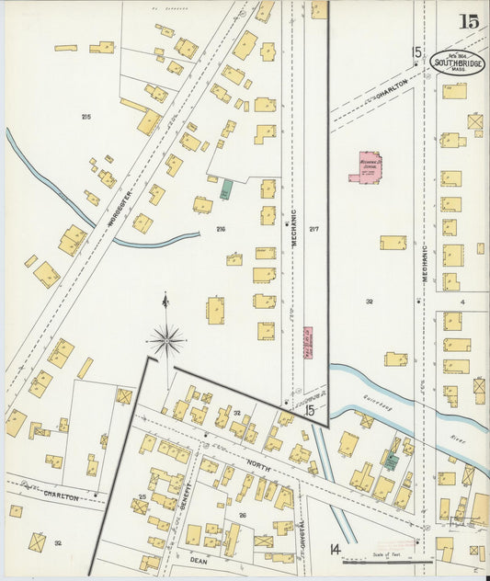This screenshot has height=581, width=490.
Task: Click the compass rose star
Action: point(165,340)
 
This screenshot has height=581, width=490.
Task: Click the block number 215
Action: point(86,117)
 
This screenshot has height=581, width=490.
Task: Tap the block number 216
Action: point(221,228)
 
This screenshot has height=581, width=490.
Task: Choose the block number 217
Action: point(314,228)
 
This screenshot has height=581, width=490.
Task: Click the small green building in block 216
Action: point(226,190)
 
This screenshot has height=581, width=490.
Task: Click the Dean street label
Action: point(198,558)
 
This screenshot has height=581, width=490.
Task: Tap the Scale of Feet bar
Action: point(386,558)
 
